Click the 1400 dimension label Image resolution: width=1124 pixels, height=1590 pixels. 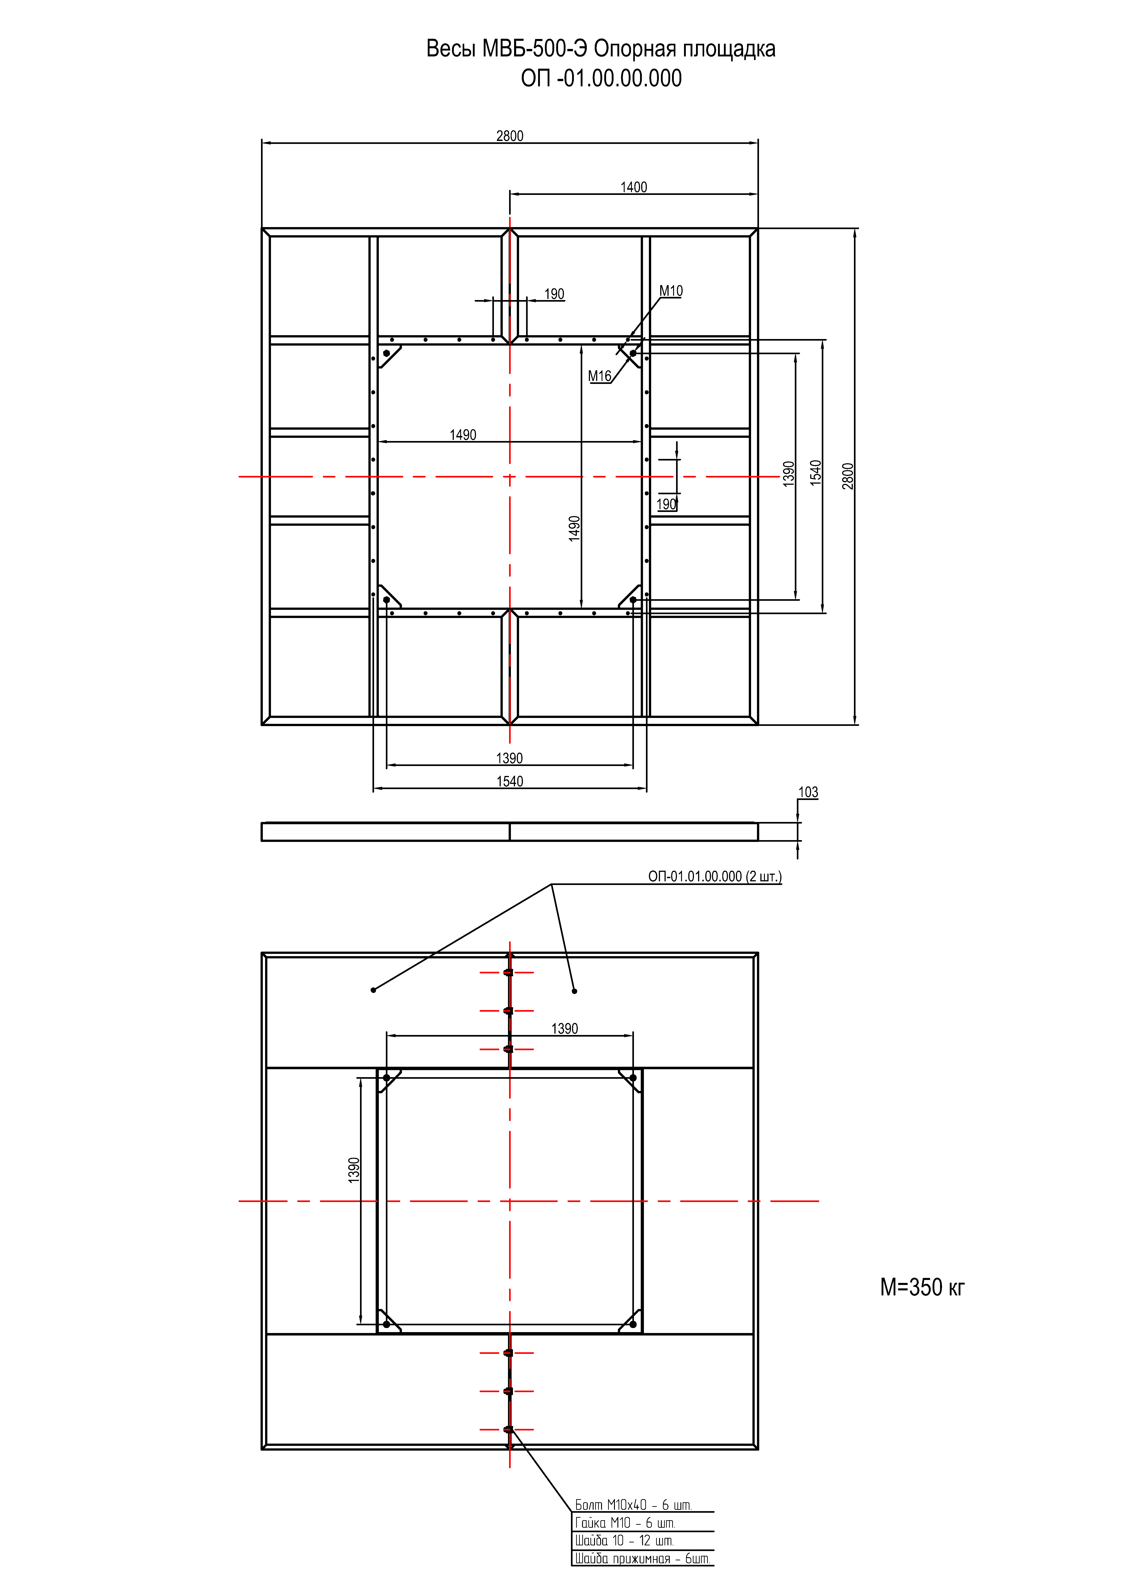pyautogui.click(x=634, y=187)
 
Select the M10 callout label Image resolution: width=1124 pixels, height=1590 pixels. pyautogui.click(x=670, y=291)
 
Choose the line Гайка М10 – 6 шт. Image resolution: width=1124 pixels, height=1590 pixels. pyautogui.click(x=625, y=1523)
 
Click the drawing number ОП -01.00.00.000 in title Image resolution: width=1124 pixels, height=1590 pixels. pyautogui.click(x=601, y=78)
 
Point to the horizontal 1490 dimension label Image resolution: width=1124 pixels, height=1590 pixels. pyautogui.click(x=463, y=435)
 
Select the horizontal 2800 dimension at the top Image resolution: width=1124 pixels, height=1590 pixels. pyautogui.click(x=510, y=136)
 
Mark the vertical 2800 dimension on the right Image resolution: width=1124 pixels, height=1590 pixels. pyautogui.click(x=848, y=476)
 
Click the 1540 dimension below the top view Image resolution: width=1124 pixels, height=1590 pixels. pyautogui.click(x=510, y=781)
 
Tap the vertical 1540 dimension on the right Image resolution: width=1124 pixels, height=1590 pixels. pyautogui.click(x=816, y=473)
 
